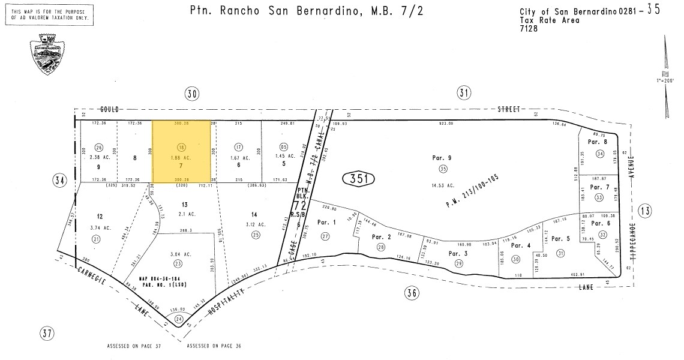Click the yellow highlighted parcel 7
[x=181, y=151]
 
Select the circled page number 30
[x=192, y=93]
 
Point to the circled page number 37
[x=47, y=333]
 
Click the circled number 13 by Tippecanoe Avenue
[x=645, y=210]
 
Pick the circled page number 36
[x=411, y=293]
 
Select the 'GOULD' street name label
[x=110, y=109]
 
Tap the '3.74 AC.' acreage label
[x=100, y=228]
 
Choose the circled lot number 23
[x=178, y=263]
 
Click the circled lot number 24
[x=179, y=319]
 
